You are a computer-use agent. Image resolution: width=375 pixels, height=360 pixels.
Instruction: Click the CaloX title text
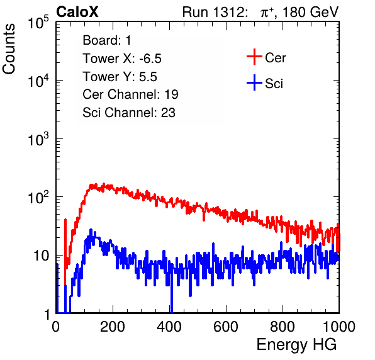coord(77,12)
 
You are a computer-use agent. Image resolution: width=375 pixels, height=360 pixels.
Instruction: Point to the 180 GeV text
coord(311,12)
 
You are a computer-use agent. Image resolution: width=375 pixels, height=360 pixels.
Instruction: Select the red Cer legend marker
coord(254,57)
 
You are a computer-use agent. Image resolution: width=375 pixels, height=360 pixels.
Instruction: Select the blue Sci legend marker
coord(254,82)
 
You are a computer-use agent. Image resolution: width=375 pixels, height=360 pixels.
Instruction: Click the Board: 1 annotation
coord(107,40)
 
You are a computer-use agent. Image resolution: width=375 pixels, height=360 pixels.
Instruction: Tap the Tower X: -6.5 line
coord(122,59)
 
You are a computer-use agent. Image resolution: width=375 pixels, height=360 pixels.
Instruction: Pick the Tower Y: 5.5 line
coord(120,77)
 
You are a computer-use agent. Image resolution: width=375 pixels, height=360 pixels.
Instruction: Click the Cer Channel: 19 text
coord(130,94)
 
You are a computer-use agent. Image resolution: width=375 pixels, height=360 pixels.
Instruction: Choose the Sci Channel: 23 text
coord(129,113)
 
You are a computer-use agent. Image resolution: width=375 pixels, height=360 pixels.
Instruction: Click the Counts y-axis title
coord(9,49)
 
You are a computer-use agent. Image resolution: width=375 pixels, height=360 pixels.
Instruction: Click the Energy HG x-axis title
coord(296,345)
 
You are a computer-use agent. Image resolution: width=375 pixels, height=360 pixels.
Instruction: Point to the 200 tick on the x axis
coord(113,327)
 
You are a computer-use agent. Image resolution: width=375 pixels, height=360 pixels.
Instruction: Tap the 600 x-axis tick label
coord(226,327)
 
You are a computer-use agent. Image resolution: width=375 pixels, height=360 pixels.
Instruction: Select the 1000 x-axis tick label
coord(339,327)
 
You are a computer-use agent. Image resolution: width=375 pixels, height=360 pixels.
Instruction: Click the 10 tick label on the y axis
coord(42,256)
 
